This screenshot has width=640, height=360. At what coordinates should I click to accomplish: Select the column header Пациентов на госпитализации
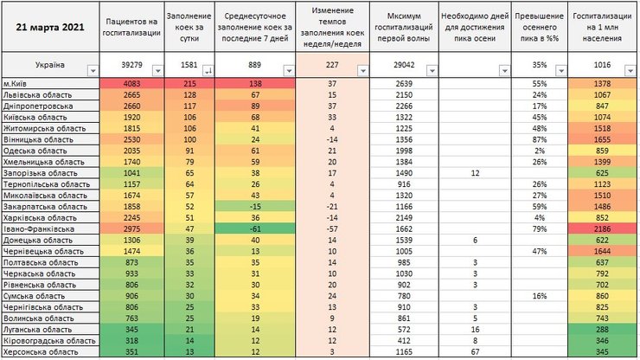click(131, 26)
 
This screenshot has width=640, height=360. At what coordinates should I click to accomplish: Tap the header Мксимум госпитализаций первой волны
click(399, 26)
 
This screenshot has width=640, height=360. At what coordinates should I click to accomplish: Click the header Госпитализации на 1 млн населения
click(603, 26)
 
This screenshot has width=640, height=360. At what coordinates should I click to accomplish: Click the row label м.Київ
click(18, 82)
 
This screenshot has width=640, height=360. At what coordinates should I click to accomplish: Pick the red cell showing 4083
click(131, 82)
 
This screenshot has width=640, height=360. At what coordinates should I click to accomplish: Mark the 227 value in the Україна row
click(331, 65)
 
